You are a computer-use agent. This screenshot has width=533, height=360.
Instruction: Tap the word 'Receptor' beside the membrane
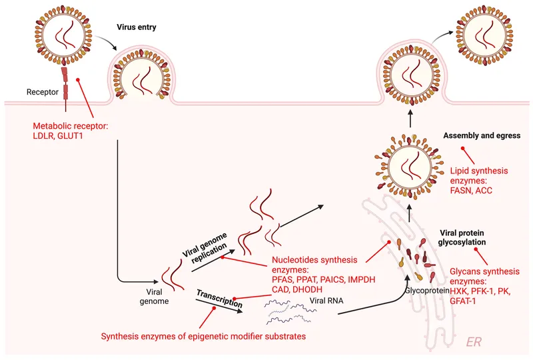click(44, 91)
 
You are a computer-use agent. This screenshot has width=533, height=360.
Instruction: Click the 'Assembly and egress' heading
click(481, 136)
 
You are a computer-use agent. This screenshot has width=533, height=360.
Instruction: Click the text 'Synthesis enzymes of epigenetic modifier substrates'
click(203, 337)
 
